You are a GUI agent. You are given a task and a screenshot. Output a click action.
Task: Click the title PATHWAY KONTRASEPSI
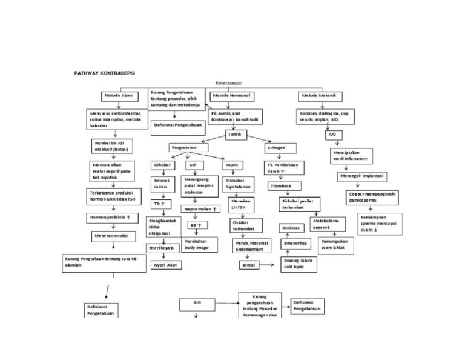point(105,72)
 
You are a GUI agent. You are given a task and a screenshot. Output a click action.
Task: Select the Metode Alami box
point(119,96)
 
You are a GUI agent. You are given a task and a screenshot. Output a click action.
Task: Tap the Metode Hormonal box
point(232,96)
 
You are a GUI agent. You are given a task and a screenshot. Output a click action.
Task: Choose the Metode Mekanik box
point(321,96)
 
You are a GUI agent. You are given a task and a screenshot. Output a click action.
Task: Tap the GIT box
point(193,165)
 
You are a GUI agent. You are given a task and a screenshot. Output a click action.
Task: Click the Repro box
point(232,165)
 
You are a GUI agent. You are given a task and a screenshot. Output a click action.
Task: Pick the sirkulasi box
point(162,165)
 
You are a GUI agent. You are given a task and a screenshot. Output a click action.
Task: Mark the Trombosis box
point(280,185)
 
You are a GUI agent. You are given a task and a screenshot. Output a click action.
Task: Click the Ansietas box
point(290,228)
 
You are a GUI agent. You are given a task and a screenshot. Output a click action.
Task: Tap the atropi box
point(249,265)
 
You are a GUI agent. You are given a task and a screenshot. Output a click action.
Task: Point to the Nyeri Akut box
point(165,265)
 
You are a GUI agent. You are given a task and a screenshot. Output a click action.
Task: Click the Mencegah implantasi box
point(361,176)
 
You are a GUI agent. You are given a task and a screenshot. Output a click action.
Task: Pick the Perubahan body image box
point(198,244)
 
